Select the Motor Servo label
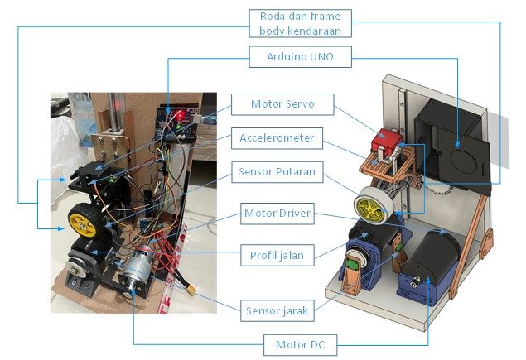[282, 105]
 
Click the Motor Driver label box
[278, 214]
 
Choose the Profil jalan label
[276, 255]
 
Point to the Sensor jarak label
[278, 311]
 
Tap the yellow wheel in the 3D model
[370, 204]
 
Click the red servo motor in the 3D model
[386, 142]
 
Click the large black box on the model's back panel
[451, 141]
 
